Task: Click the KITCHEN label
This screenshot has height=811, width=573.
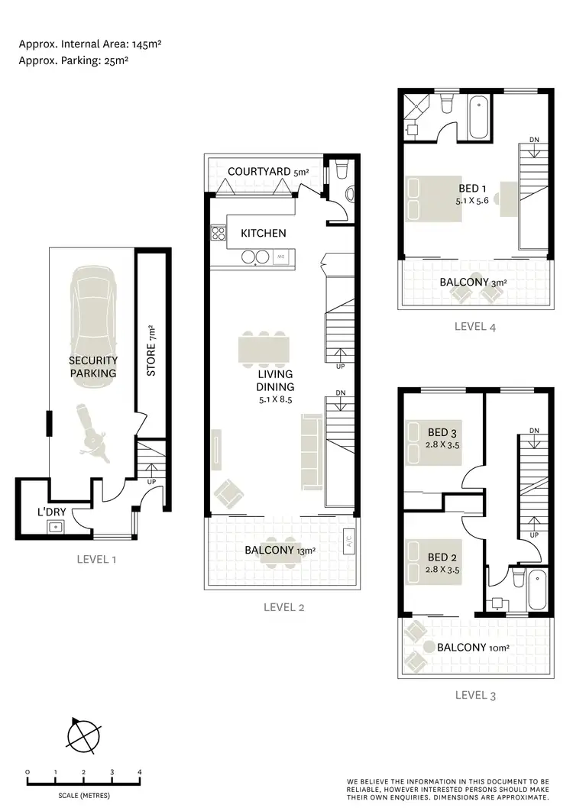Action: click(263, 233)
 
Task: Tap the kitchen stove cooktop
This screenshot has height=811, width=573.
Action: click(218, 234)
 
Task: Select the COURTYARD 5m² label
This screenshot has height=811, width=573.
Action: click(267, 173)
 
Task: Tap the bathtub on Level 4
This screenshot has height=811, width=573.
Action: click(480, 116)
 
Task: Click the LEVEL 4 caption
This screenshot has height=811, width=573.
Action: click(475, 326)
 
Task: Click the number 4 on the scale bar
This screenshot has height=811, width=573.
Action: click(140, 772)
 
